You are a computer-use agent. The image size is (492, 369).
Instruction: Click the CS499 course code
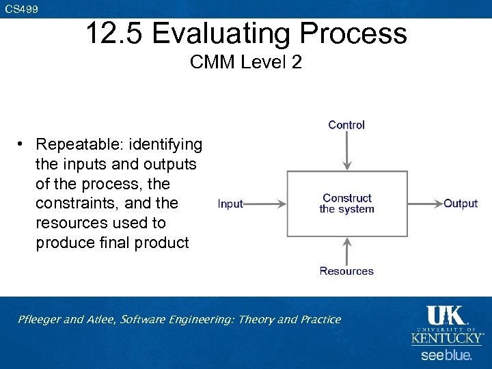22,9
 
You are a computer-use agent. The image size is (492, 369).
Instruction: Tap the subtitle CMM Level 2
246,63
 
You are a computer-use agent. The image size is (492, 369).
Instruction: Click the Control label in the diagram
346,125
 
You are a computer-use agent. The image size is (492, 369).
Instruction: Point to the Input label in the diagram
230,204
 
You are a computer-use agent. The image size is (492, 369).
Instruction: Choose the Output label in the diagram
461,204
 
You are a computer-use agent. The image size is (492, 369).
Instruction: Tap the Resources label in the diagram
346,271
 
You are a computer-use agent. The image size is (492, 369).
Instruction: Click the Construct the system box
347,204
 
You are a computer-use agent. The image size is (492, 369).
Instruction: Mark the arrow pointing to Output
424,204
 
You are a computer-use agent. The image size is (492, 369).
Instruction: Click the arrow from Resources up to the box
347,250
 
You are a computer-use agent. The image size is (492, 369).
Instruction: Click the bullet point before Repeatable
22,145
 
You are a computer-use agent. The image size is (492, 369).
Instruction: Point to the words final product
150,243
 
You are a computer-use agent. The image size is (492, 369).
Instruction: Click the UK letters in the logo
446,316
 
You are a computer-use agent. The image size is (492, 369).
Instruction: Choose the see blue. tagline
446,355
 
